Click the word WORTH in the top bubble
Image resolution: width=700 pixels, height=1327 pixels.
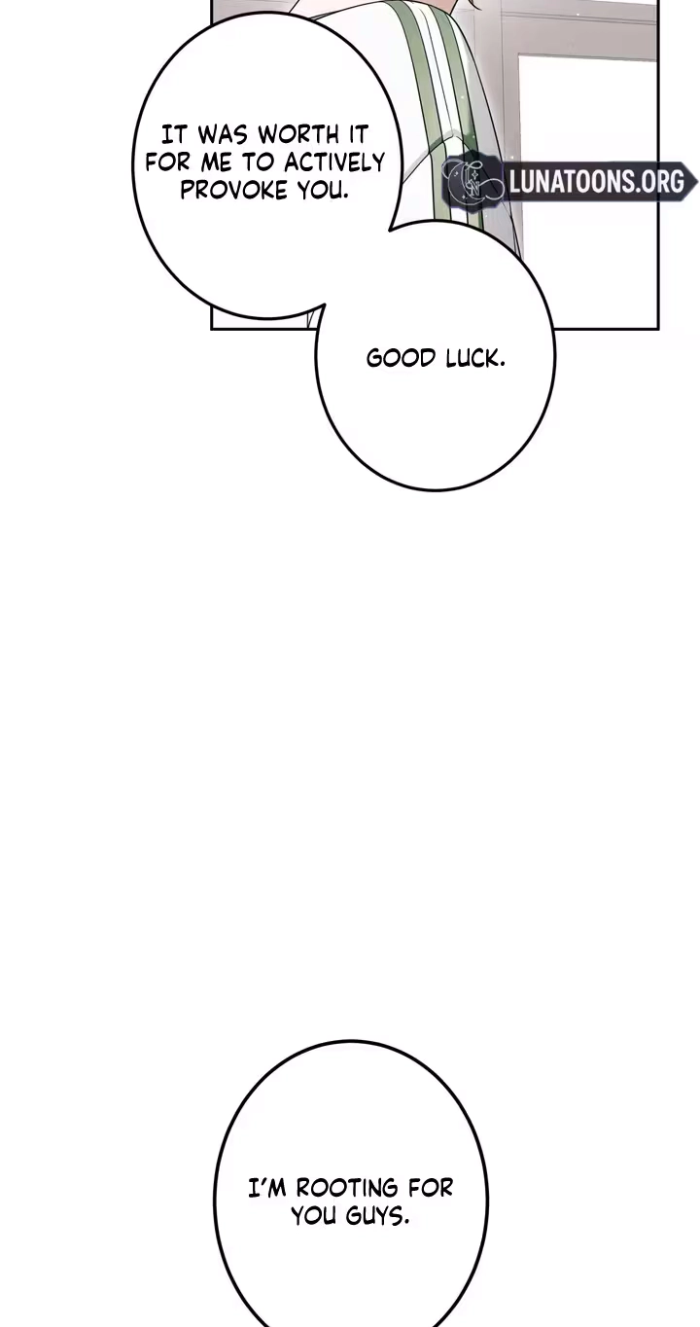click(x=297, y=135)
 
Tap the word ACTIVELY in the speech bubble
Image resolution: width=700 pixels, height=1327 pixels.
click(x=334, y=162)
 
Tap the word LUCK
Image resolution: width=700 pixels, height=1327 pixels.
click(x=475, y=358)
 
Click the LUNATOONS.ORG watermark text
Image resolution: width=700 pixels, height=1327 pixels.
click(x=596, y=181)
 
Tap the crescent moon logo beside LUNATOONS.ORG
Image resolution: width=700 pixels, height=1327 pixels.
click(x=472, y=179)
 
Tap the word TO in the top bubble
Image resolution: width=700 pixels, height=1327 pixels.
click(x=260, y=162)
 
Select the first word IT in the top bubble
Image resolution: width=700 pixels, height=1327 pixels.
click(x=175, y=135)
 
